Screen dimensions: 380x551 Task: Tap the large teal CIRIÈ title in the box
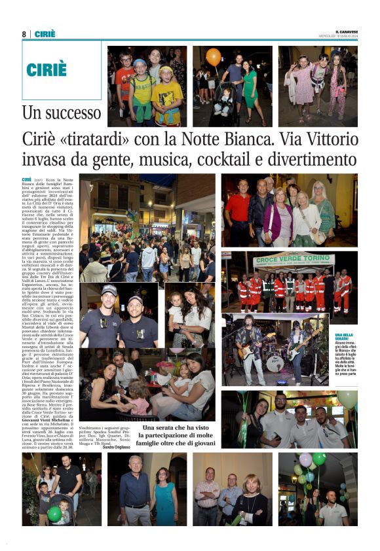tap(47, 70)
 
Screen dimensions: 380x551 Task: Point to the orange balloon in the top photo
tap(214, 56)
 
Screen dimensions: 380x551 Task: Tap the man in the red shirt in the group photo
tap(238, 208)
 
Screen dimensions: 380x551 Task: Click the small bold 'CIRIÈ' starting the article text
tap(27, 179)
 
